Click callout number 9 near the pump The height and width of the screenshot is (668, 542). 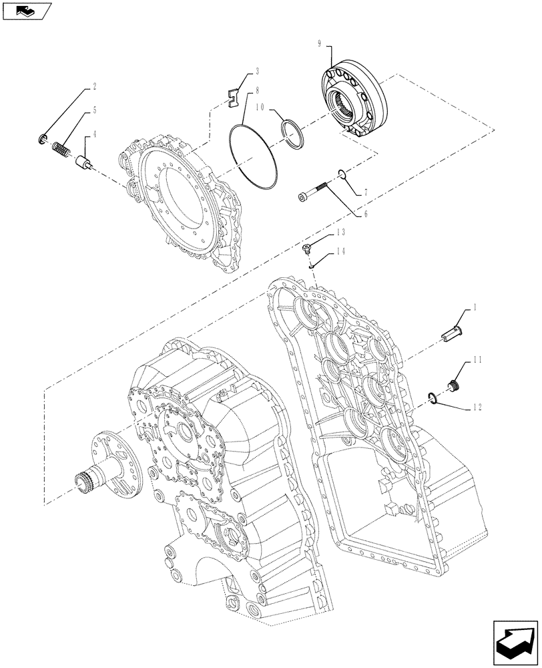pyautogui.click(x=319, y=43)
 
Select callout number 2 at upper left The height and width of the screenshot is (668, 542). pyautogui.click(x=94, y=87)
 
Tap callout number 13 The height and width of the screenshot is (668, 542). pyautogui.click(x=340, y=231)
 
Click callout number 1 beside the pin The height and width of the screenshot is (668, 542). pyautogui.click(x=474, y=307)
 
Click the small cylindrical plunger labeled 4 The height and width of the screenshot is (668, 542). pyautogui.click(x=84, y=164)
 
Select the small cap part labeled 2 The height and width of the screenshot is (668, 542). pyautogui.click(x=43, y=139)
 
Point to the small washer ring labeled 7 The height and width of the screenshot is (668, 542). pyautogui.click(x=342, y=174)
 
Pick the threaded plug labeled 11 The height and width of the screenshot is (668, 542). pyautogui.click(x=455, y=387)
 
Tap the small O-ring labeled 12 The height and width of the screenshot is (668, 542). pyautogui.click(x=432, y=399)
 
